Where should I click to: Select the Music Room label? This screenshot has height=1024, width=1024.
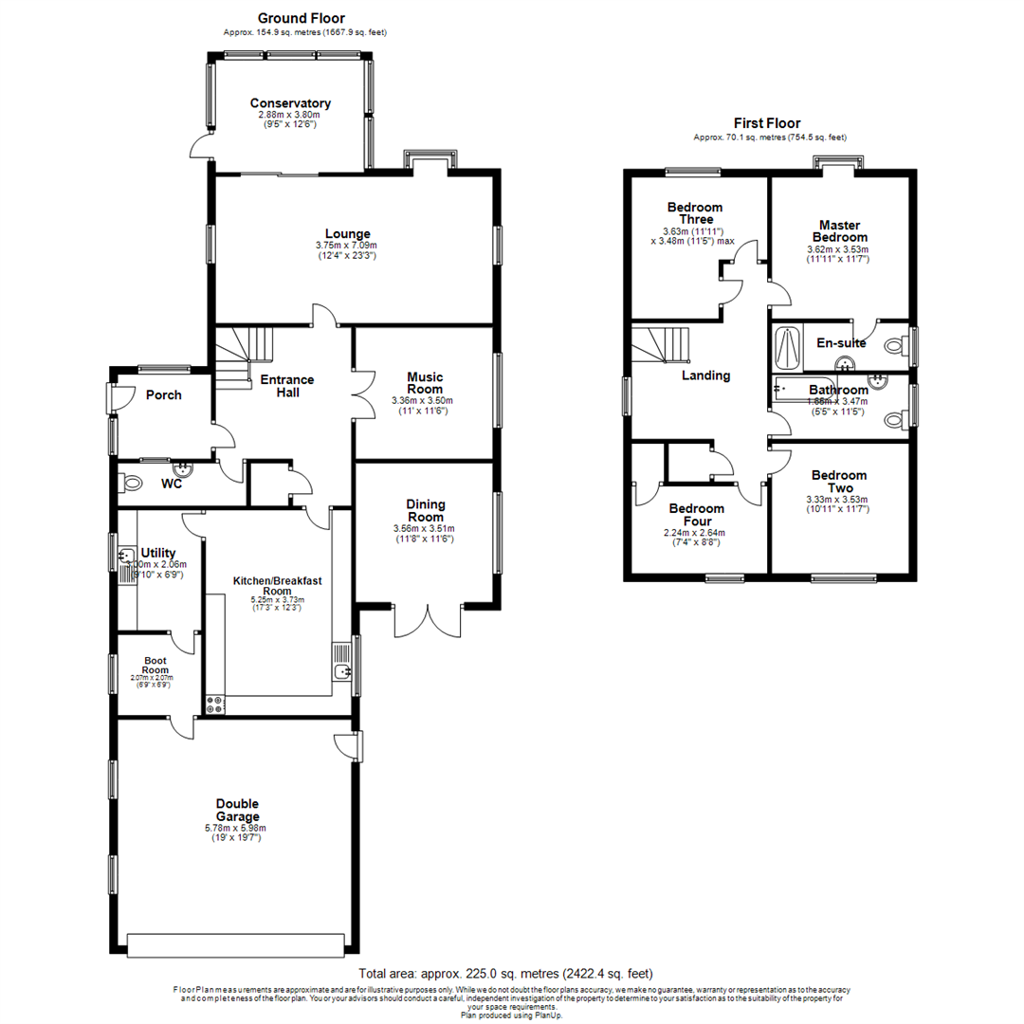(425, 383)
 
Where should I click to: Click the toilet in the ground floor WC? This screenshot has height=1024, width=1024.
(133, 483)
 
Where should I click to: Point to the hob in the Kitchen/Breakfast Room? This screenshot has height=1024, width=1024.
(215, 704)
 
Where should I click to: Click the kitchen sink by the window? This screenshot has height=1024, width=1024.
(341, 671)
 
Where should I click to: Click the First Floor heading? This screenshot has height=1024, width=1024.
(767, 123)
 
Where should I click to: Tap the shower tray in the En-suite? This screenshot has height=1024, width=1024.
(786, 345)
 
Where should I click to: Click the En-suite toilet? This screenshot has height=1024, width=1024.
(893, 347)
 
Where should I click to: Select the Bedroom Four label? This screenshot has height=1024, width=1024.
(697, 515)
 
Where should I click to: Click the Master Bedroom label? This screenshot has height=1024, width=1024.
(837, 231)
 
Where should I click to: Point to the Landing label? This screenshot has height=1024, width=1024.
(706, 375)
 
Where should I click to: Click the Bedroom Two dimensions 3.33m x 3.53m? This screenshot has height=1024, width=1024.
(837, 500)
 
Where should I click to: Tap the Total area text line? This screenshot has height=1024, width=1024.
(505, 974)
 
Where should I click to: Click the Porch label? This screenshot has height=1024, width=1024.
(163, 395)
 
